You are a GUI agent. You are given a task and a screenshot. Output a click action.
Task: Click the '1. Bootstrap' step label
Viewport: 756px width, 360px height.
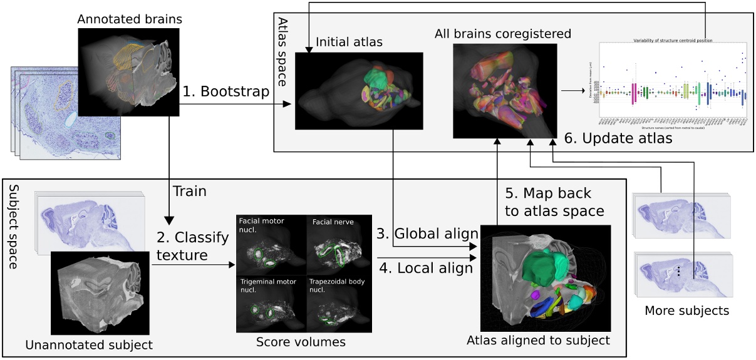coord(226,92)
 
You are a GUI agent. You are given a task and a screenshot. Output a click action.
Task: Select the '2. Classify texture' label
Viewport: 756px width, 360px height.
coord(184,246)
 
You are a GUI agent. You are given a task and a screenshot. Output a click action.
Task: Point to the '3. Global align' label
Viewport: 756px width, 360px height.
coord(427,234)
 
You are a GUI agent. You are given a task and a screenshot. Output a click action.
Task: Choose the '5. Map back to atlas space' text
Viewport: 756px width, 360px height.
coord(554,202)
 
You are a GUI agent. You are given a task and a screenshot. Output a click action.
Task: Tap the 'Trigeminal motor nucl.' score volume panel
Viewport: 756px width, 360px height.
coord(270,304)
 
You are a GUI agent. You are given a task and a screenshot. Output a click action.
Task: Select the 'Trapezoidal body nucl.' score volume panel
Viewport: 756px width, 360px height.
coord(338,304)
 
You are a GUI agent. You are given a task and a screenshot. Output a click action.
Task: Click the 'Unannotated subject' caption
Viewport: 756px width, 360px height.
coord(89,344)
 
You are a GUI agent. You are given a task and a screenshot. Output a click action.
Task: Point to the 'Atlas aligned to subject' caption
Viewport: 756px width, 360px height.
coord(538,341)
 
